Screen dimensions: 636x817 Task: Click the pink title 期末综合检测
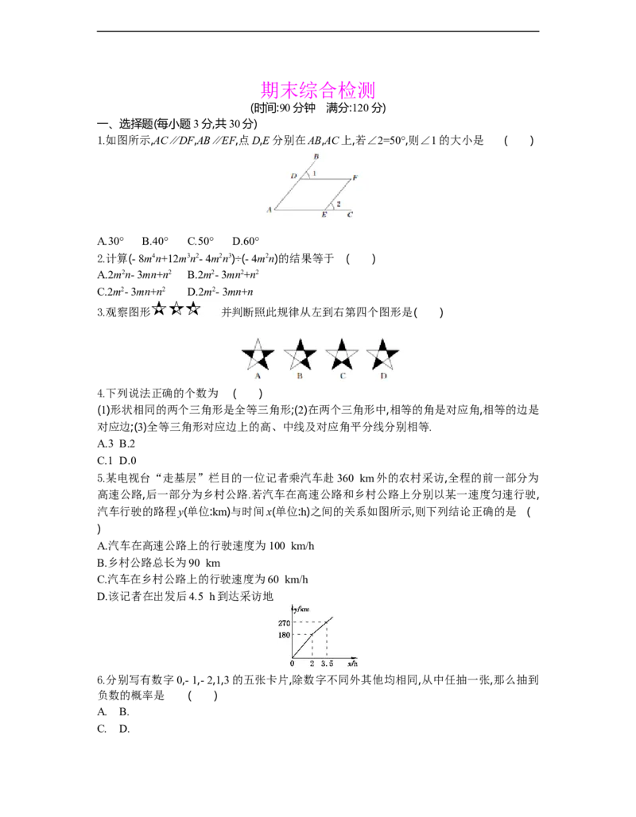coord(317,90)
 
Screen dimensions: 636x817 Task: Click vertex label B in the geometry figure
coord(316,157)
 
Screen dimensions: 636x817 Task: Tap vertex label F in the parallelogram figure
coord(355,178)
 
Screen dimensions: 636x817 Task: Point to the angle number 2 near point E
coord(339,203)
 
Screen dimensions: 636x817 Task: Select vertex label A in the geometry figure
coord(270,210)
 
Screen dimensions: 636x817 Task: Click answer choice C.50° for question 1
coord(200,242)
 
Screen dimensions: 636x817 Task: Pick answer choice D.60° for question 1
coord(246,242)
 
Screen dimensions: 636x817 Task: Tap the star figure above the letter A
coord(258,354)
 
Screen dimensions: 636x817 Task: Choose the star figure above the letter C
coord(342,354)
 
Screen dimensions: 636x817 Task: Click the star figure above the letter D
coord(383,354)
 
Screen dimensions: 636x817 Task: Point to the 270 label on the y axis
coord(284,623)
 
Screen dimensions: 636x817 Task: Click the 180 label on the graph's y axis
coord(284,635)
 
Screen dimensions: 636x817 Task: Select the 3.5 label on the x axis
coord(327,664)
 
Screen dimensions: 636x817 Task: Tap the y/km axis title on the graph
coord(301,609)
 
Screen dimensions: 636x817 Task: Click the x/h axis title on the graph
coord(352,664)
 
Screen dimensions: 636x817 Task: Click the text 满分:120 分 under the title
coord(356,108)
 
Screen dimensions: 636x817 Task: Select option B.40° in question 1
coord(155,242)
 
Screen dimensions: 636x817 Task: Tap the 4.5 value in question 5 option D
coord(196,597)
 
